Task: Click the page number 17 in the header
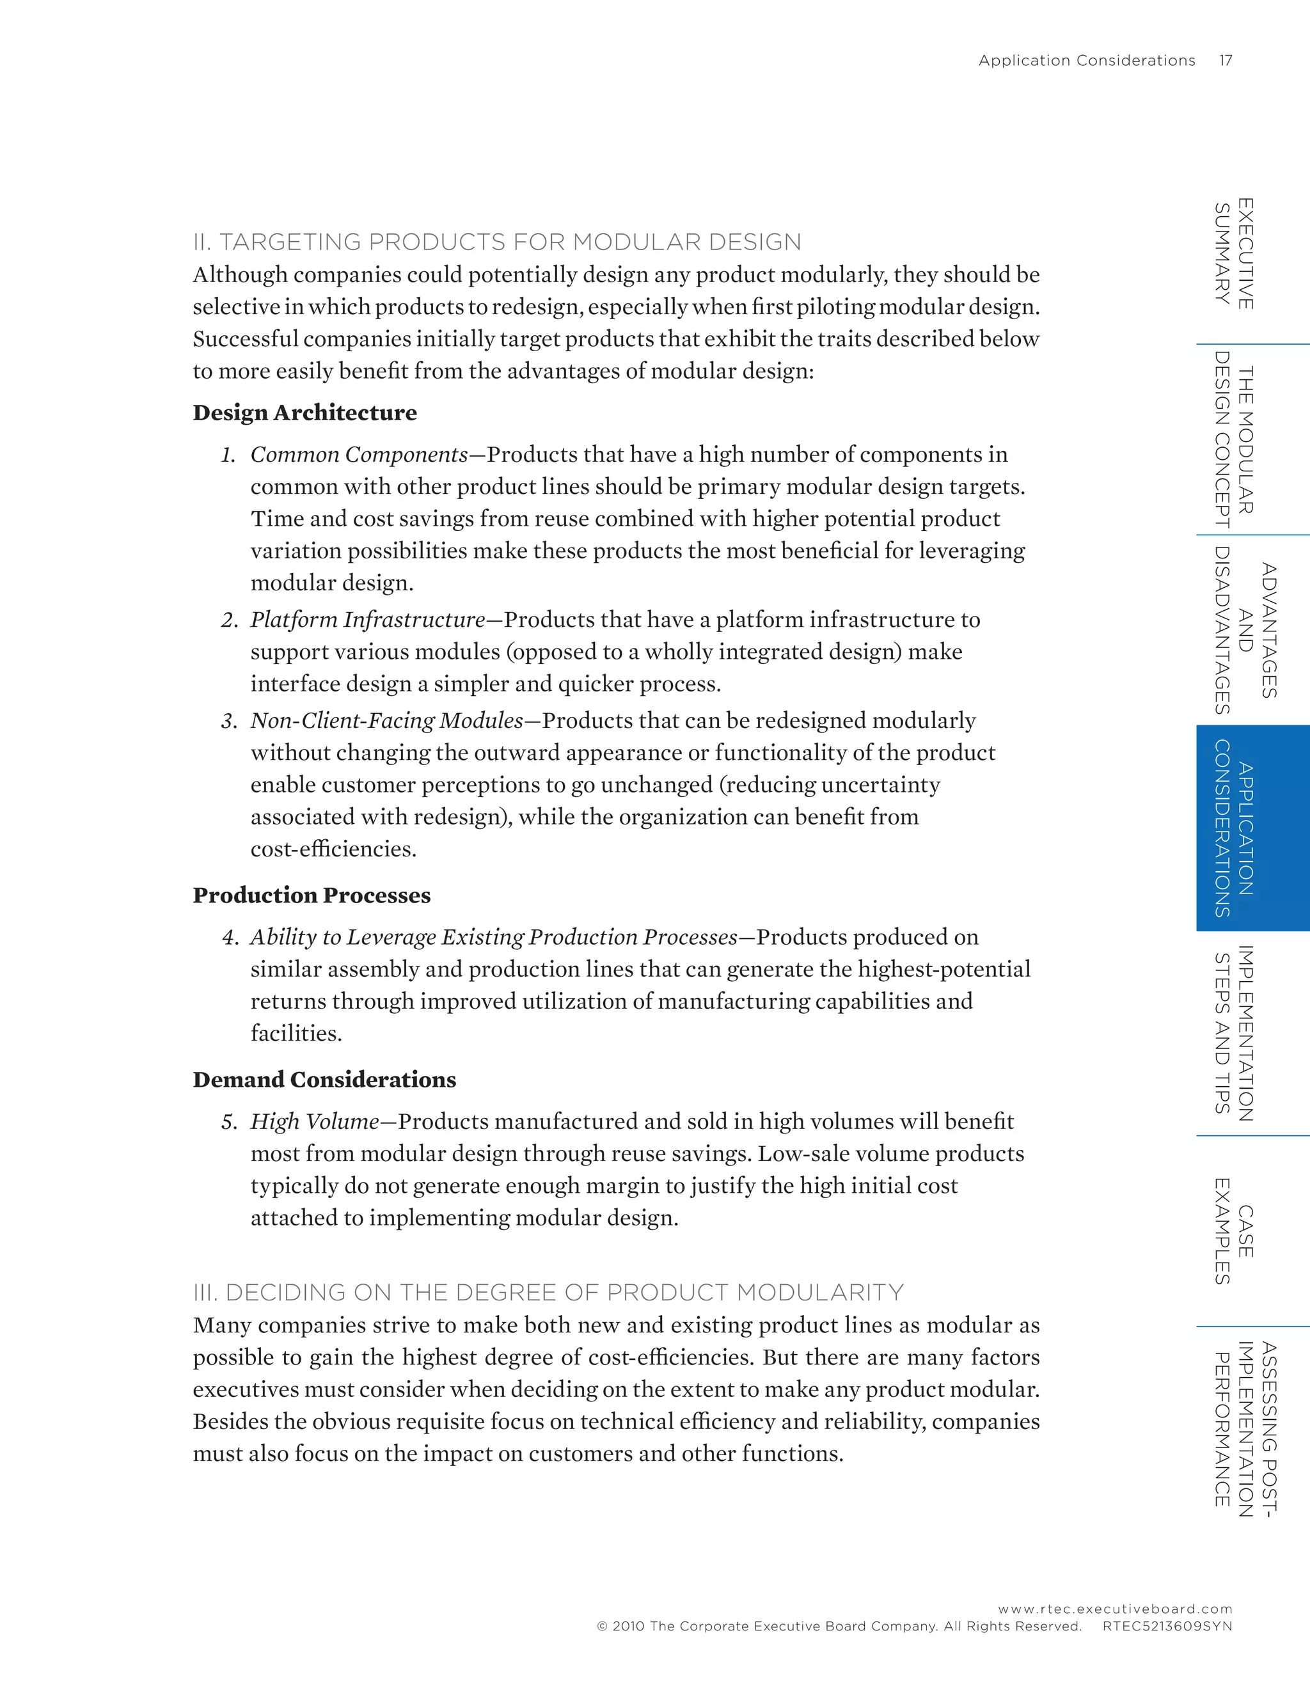1226,61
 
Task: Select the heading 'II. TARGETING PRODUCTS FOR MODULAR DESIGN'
496,242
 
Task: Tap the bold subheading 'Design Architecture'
304,413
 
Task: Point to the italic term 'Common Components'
359,455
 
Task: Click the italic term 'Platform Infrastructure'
368,620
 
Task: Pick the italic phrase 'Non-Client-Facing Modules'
386,721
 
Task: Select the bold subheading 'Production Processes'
312,895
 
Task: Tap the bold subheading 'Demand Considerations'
324,1080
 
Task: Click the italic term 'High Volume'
314,1123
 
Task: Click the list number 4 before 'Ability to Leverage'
229,938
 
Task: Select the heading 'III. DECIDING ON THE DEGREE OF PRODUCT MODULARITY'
548,1293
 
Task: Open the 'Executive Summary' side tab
1234,254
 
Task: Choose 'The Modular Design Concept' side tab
1234,439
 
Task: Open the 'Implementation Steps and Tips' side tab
1234,1033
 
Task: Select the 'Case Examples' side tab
1234,1231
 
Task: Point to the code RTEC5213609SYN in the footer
1167,1627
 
